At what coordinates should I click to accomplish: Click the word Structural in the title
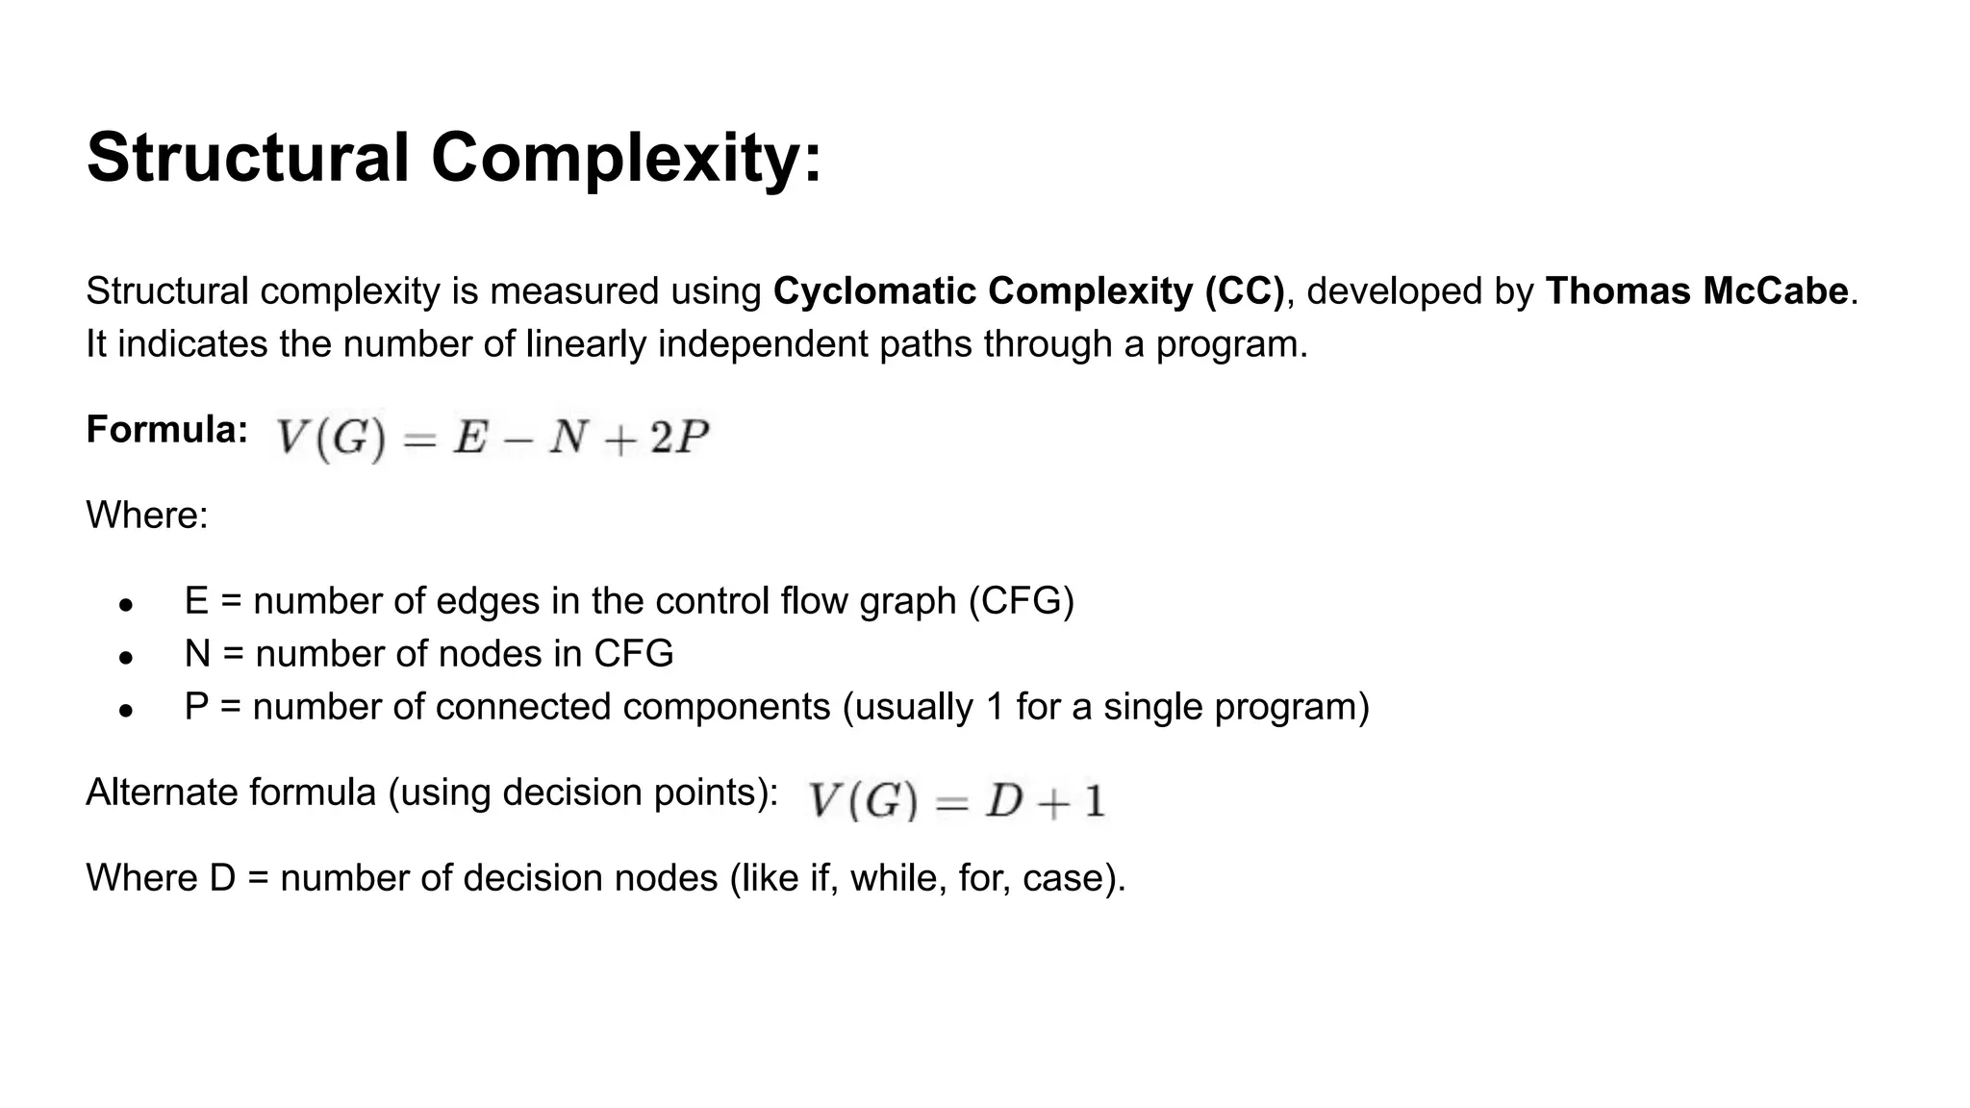pos(248,158)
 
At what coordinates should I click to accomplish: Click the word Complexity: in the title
pos(626,158)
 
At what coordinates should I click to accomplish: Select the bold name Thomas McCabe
pos(1697,291)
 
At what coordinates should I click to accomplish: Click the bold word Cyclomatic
pos(874,291)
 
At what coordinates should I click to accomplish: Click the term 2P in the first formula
pos(679,438)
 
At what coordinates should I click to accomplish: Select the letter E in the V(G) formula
pos(470,438)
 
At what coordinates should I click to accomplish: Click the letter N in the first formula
pos(568,438)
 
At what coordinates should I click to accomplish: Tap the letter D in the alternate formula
pos(1003,800)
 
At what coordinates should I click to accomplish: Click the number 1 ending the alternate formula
pos(1095,800)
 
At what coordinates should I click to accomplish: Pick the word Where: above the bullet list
pos(147,516)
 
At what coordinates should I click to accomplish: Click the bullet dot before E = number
pos(125,605)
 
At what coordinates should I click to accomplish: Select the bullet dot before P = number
pos(125,711)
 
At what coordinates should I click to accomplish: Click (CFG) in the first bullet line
pos(1021,601)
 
